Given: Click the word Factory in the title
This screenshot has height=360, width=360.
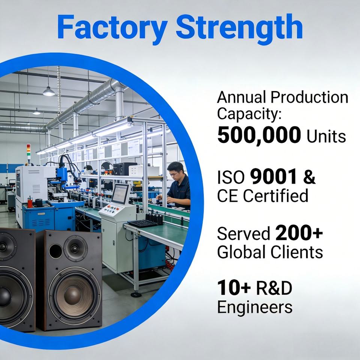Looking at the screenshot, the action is tap(112, 27).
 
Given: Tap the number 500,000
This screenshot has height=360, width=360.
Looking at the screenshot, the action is tap(259, 135).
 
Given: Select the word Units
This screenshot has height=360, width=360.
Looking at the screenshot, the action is tap(326, 136).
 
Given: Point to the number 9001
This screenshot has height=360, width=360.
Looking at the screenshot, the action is tap(273, 177).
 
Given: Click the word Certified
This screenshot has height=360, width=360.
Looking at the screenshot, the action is tap(276, 196).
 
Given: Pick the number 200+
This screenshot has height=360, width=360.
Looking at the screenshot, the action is tap(299, 233).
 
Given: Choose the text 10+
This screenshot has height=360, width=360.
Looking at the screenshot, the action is tap(234, 288).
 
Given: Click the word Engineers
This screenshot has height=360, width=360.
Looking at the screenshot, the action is tap(255, 307).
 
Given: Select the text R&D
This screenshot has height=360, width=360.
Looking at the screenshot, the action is tap(274, 288).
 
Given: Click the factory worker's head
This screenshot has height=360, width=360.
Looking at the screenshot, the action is tap(175, 169).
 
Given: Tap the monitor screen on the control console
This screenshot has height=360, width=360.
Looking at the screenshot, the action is tap(120, 193).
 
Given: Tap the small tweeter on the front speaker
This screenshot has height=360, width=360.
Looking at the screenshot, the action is tap(75, 249).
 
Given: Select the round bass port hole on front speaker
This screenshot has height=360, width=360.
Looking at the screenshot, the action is tap(55, 251).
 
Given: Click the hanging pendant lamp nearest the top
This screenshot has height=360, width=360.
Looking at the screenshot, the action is tap(49, 91).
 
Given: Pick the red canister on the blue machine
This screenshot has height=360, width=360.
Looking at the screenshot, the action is tap(30, 202).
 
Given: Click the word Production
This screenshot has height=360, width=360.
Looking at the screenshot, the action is tap(309, 97).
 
